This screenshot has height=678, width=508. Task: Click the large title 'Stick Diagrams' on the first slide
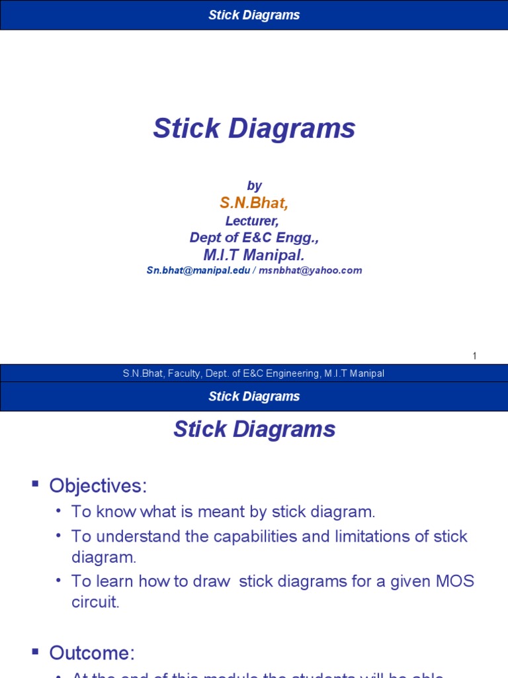(254, 128)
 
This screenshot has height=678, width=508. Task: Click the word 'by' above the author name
(254, 186)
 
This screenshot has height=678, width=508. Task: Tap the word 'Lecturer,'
(254, 221)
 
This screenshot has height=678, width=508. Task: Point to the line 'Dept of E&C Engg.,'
(254, 238)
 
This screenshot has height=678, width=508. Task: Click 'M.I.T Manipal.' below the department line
(254, 255)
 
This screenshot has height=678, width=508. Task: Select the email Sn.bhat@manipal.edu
(197, 270)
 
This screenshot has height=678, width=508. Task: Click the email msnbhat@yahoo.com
(311, 270)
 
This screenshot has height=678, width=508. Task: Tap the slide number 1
(474, 356)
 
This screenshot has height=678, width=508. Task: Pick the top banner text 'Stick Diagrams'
(254, 15)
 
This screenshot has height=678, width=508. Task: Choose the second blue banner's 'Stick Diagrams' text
(254, 397)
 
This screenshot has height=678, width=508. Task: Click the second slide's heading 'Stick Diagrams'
(254, 430)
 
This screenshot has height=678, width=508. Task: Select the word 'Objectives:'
(97, 486)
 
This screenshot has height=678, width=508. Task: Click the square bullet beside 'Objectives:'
(36, 484)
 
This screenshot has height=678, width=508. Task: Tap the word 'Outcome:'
(92, 654)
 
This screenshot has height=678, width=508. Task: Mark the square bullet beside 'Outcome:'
(36, 652)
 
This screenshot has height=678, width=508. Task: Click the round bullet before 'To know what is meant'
(59, 511)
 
